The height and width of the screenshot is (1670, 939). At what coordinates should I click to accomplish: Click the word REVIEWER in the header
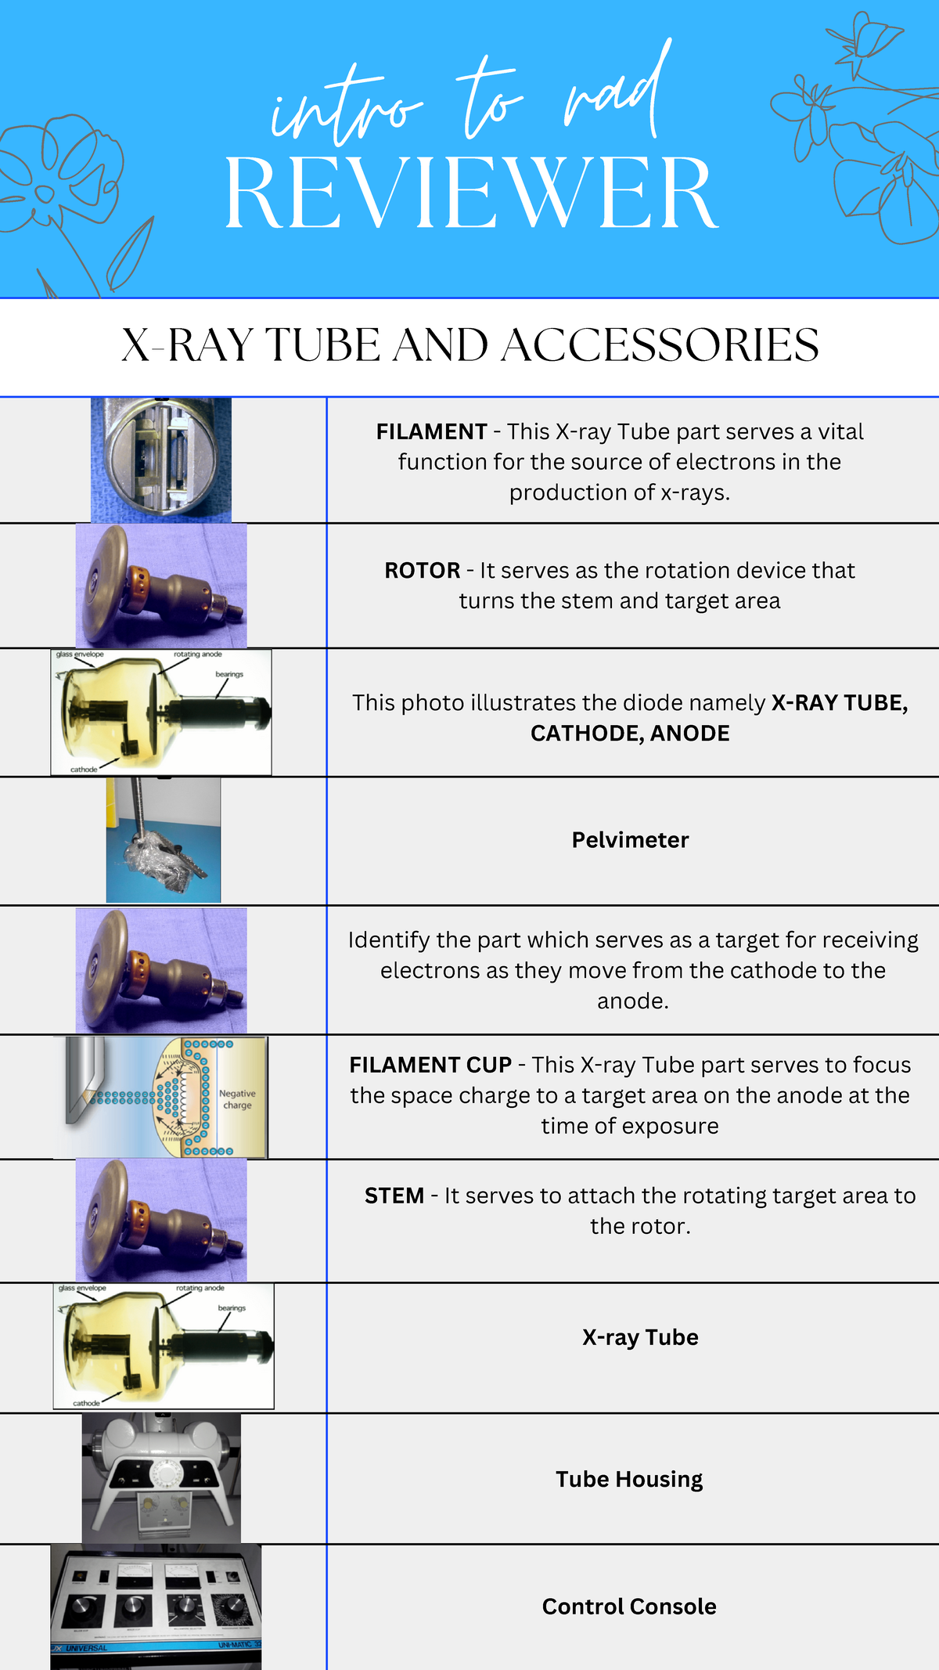471,193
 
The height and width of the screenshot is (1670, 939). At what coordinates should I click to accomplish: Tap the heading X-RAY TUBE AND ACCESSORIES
470,345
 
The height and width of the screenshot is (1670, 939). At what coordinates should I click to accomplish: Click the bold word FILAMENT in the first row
431,432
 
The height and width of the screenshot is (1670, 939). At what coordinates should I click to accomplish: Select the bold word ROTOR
422,571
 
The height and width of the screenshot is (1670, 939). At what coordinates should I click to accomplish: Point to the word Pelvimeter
630,840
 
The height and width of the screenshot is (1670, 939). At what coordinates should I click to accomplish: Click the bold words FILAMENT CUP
430,1066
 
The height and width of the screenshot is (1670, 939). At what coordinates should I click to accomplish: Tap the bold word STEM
394,1196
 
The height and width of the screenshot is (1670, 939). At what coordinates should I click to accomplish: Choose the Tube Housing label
629,1479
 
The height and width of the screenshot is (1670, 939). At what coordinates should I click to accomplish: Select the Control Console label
629,1607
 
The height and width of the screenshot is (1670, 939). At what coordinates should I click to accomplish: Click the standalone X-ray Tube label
640,1337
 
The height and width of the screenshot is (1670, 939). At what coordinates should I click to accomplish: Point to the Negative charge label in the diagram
237,1099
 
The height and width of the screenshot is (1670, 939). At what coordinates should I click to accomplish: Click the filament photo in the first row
161,460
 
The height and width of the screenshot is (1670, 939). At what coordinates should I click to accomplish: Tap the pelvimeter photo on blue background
164,840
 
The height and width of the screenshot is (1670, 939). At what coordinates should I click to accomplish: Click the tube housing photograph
161,1478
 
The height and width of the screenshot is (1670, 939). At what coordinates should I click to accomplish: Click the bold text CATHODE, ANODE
630,734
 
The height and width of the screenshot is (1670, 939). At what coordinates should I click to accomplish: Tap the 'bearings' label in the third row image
229,674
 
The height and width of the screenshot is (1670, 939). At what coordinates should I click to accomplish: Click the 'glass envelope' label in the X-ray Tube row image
82,1288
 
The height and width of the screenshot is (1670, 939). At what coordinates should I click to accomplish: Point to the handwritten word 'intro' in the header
344,110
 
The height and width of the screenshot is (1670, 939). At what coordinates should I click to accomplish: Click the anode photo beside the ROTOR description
161,586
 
